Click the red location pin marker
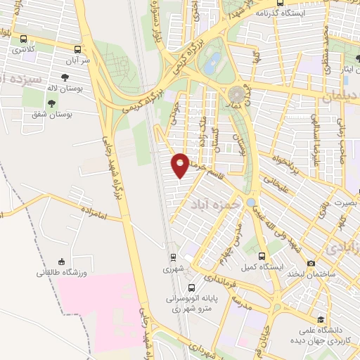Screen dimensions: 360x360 181,165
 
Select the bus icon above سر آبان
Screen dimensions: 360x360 78,49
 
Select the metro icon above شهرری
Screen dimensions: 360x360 172,258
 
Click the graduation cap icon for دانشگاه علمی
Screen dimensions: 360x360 321,319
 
